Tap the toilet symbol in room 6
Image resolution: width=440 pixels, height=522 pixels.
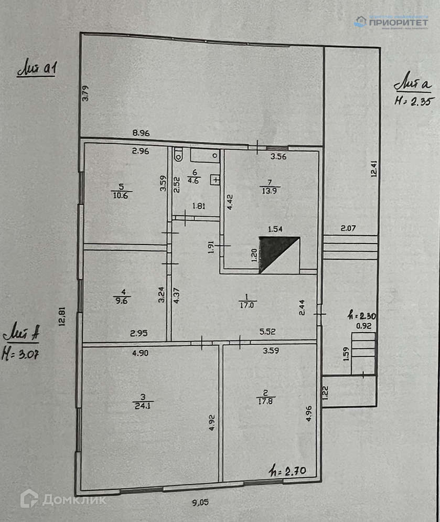tap(178, 154)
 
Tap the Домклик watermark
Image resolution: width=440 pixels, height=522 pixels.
tap(63, 499)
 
